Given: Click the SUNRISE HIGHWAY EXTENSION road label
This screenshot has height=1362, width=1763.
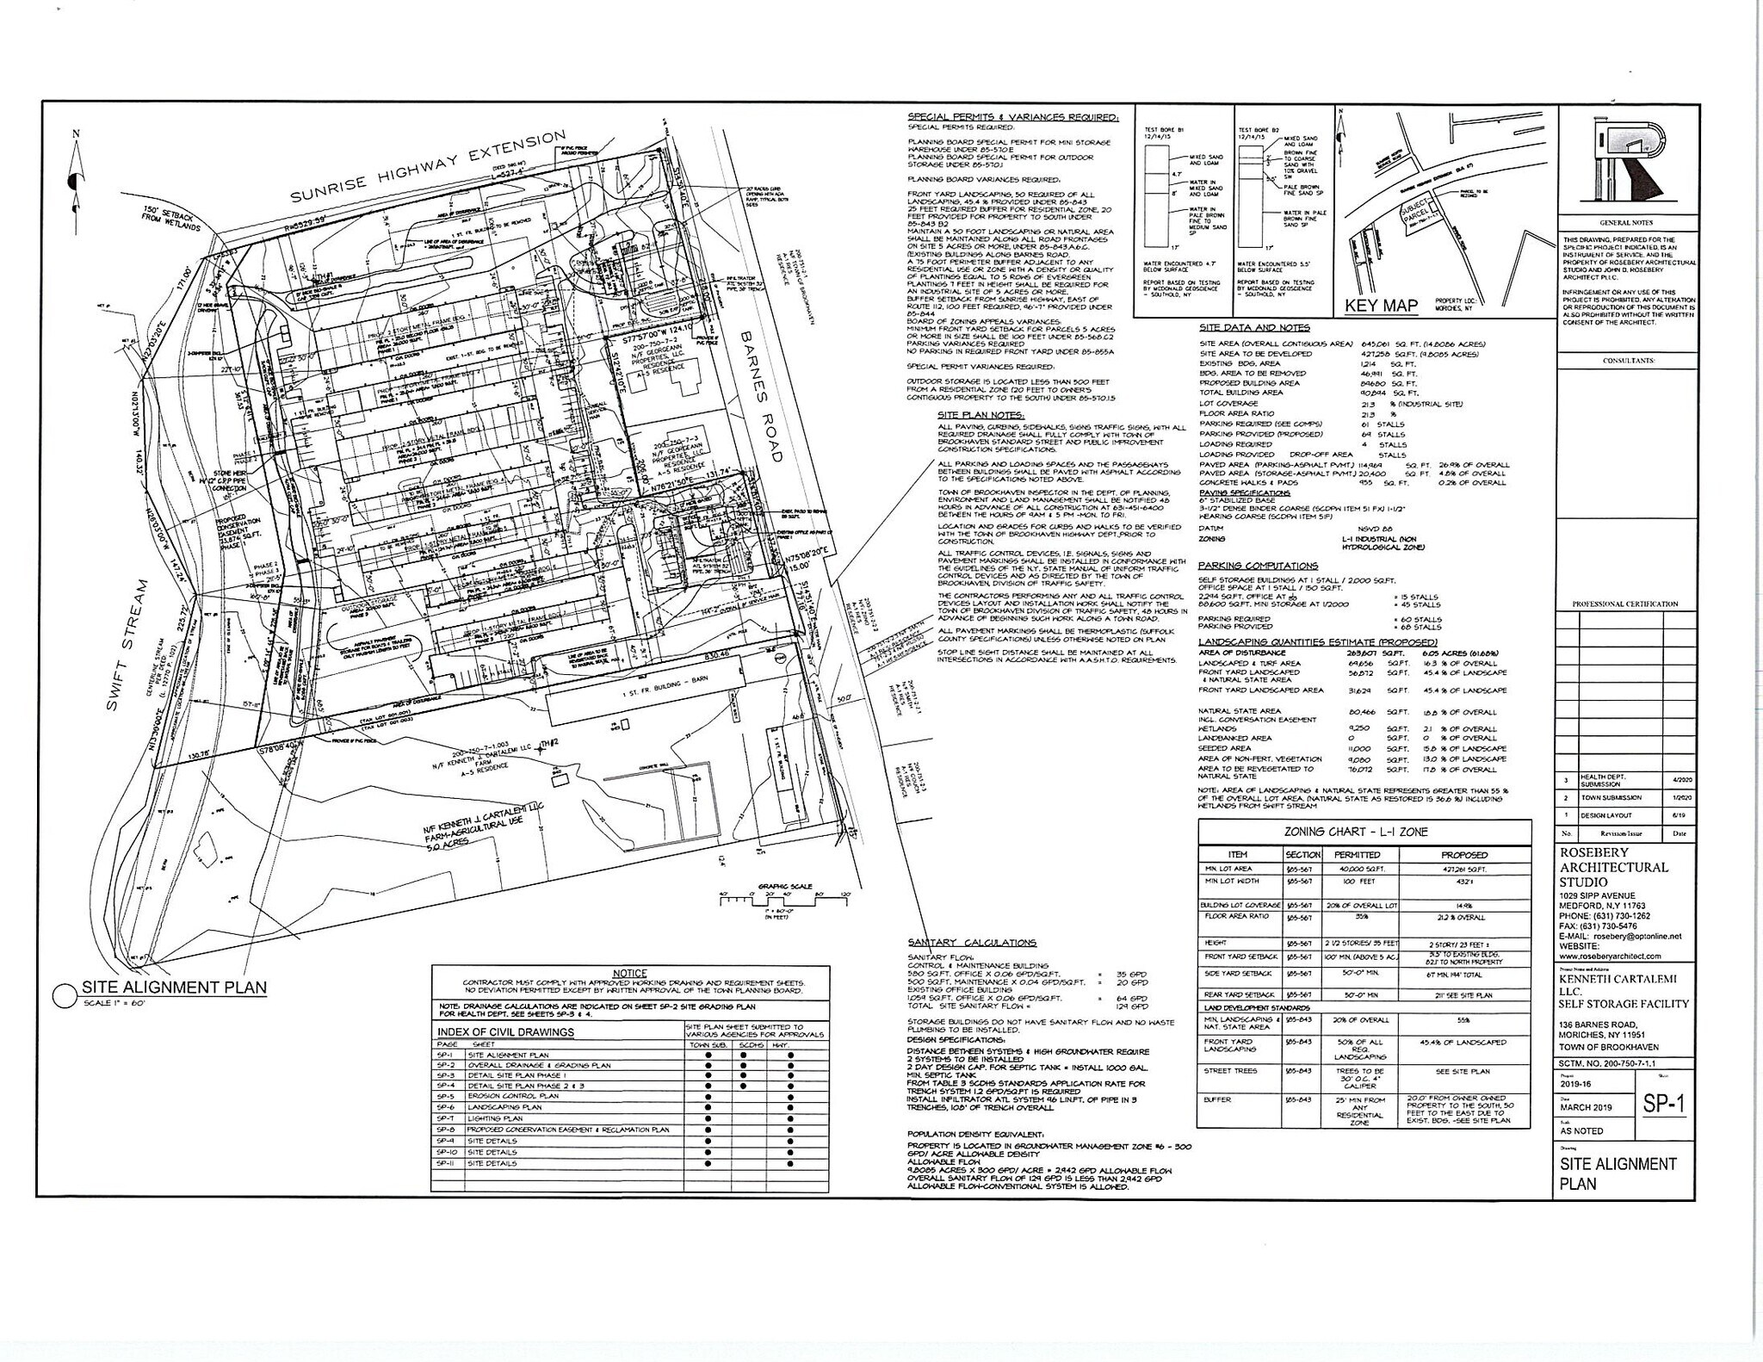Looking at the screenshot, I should (x=428, y=167).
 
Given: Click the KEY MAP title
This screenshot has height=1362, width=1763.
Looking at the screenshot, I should (x=1381, y=306).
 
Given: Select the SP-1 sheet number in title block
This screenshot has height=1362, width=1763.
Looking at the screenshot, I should (x=1664, y=1105).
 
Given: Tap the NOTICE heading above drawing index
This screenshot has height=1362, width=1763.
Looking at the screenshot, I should (x=629, y=973).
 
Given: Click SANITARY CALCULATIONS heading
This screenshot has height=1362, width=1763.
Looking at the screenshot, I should (x=972, y=943).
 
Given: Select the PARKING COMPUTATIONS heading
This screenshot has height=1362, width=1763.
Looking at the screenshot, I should (x=1257, y=566).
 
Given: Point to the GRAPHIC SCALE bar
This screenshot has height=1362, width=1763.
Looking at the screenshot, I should (x=784, y=898).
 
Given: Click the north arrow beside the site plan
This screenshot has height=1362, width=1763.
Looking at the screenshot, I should (x=76, y=176).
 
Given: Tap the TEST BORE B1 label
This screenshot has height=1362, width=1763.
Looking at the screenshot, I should (x=1164, y=130).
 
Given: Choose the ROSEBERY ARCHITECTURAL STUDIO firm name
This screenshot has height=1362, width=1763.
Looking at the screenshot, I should (x=1613, y=867).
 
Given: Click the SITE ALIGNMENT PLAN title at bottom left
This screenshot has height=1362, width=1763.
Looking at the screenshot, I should (x=174, y=987).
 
